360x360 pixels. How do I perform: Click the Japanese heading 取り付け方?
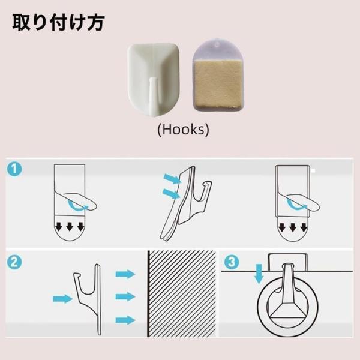(59, 22)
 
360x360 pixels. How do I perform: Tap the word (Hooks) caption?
(183, 129)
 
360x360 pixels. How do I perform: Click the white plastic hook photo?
(154, 80)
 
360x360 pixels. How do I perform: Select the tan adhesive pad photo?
(218, 75)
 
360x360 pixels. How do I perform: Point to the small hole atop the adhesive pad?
(217, 45)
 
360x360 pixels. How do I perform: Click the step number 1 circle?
(14, 169)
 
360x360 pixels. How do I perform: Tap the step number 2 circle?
(14, 262)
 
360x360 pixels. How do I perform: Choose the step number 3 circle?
(232, 262)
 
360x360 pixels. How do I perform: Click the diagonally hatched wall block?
(182, 294)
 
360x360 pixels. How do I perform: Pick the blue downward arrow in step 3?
(259, 274)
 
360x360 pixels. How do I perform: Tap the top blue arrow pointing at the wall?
(125, 274)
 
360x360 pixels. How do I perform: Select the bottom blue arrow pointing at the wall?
(125, 320)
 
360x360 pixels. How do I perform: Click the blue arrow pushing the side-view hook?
(62, 299)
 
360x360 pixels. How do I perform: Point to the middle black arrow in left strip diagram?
(70, 227)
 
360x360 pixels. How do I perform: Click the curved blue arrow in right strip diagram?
(296, 205)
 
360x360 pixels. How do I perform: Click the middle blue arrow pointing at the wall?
(125, 296)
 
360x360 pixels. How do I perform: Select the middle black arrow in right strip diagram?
(293, 227)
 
